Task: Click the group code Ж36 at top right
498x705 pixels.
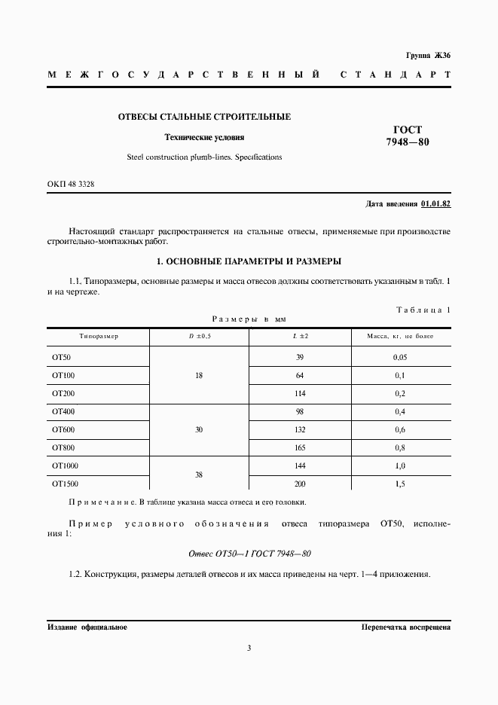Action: pos(440,56)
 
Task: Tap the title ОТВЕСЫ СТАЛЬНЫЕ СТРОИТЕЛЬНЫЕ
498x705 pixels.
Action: pos(204,117)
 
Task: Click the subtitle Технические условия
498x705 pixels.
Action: pos(204,137)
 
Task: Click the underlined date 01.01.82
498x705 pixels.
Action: pos(435,204)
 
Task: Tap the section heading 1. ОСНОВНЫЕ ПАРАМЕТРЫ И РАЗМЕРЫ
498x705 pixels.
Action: pos(249,261)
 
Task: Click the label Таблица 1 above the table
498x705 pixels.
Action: pos(423,310)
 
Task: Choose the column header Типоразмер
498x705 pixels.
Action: pos(99,335)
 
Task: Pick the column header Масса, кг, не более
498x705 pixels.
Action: pos(400,335)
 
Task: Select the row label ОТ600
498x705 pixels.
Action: pos(63,429)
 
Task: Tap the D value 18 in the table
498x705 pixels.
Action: pos(199,374)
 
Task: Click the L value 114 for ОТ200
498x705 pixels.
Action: pos(300,393)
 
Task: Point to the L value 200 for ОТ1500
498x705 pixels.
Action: pos(300,484)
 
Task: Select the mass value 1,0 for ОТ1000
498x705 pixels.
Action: pos(400,466)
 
